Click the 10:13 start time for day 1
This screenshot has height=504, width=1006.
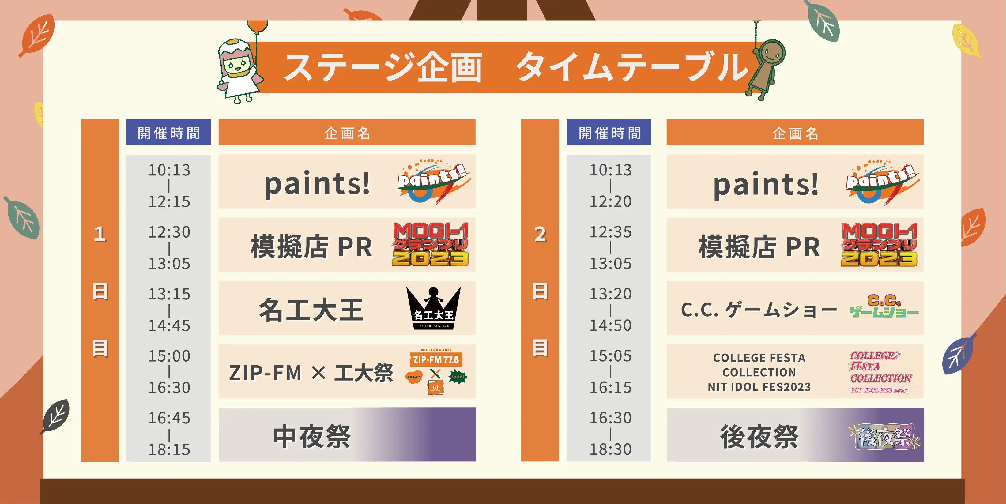tap(169, 170)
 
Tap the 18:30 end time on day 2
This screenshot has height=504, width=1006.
tap(610, 450)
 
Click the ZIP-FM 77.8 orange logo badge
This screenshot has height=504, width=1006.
tap(436, 359)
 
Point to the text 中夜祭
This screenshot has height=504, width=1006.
tap(312, 436)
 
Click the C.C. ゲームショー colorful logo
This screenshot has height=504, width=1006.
tap(884, 307)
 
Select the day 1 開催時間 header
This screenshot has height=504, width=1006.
tap(168, 132)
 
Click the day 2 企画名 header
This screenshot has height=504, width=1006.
tap(795, 132)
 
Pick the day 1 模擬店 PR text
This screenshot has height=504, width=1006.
tap(311, 247)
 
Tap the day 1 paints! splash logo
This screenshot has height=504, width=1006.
tap(434, 182)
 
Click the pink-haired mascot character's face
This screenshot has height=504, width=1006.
tap(236, 65)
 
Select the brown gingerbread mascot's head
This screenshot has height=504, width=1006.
tap(771, 53)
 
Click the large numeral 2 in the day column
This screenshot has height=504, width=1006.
tap(540, 234)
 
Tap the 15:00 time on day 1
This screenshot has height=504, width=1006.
tap(169, 356)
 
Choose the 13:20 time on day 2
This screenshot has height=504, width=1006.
tap(610, 294)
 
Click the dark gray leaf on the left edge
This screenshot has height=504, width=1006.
tap(56, 416)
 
